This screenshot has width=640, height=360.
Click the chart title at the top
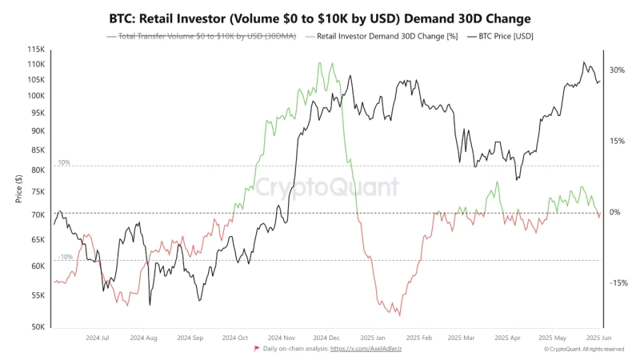tap(320, 18)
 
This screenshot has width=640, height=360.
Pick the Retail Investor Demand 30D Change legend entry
tap(382, 37)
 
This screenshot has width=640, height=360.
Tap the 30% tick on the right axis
tap(616, 70)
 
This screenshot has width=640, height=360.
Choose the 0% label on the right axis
tap(616, 212)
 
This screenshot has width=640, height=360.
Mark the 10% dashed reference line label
tap(63, 162)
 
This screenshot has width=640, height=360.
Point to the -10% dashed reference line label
tap(65, 257)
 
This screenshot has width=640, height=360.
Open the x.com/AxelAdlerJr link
tap(366, 350)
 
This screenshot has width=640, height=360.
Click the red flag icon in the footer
tap(257, 350)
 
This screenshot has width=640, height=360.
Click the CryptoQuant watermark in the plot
tap(326, 187)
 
